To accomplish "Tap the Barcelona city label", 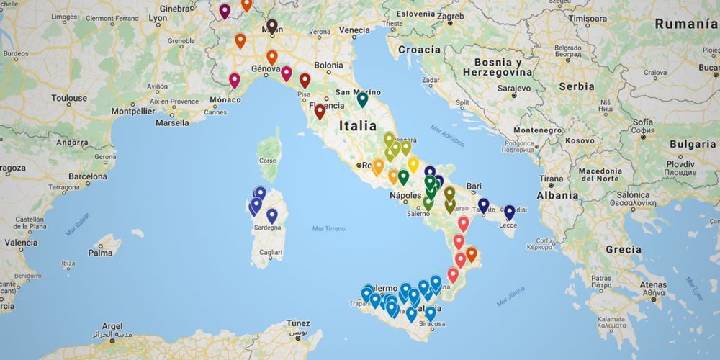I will pos(88,176).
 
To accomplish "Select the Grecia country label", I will pos(624,250).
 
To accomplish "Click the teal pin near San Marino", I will pos(362,100).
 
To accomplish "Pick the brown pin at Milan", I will pos(271,27).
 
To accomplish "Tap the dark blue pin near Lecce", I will pos(509,212).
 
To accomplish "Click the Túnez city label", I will pos(298,323).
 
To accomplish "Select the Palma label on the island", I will pos(100,253).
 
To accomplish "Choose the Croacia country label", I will pos(418,50).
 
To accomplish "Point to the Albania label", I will pos(557,195).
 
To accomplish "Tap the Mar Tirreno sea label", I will pos(328,229).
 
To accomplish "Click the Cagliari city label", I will pos(271,253).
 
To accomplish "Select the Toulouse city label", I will pos(69,98).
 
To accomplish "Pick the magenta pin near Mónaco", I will pos(234,81).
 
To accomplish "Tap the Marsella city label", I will pos(172,122).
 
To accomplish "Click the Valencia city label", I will pos(21,243).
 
